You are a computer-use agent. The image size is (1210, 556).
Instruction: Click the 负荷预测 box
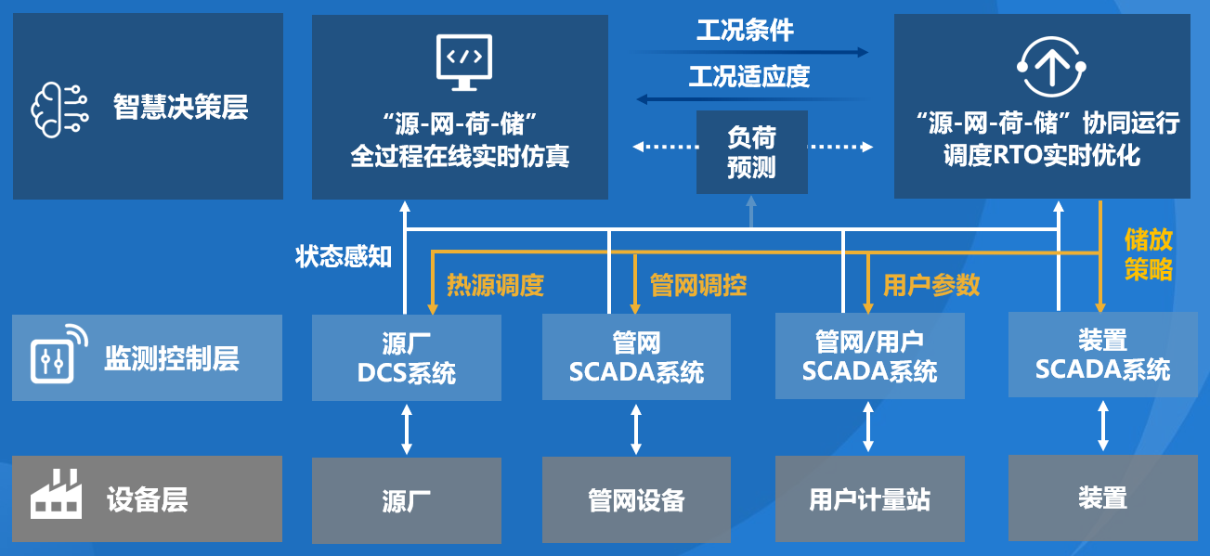coord(751,152)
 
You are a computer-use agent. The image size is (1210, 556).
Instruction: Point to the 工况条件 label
coord(745,31)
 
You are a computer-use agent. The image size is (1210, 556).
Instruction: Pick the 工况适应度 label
coord(748,76)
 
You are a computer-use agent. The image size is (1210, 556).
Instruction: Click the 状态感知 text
coord(344,256)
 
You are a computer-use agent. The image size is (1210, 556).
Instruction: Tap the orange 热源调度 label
coord(495,285)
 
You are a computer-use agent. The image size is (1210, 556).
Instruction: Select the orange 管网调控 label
coord(698,285)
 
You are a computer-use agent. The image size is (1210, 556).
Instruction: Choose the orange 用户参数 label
coord(931,285)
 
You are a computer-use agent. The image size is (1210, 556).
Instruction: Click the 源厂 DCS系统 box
coord(406,357)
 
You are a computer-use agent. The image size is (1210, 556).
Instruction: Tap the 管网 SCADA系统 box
coord(636,357)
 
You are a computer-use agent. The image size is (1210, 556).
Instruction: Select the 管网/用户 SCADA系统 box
coord(869,357)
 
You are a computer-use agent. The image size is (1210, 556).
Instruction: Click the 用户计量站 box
coord(869,500)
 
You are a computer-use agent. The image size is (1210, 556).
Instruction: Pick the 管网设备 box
coord(636,500)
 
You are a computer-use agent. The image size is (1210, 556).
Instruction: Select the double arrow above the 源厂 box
coord(406,430)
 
